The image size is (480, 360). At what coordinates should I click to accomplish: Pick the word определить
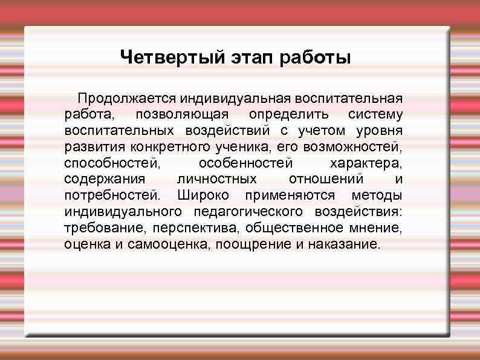289,114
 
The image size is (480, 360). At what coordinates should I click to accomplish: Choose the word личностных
216,180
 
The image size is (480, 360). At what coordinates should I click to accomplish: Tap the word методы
377,196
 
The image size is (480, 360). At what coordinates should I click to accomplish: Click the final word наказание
345,245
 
